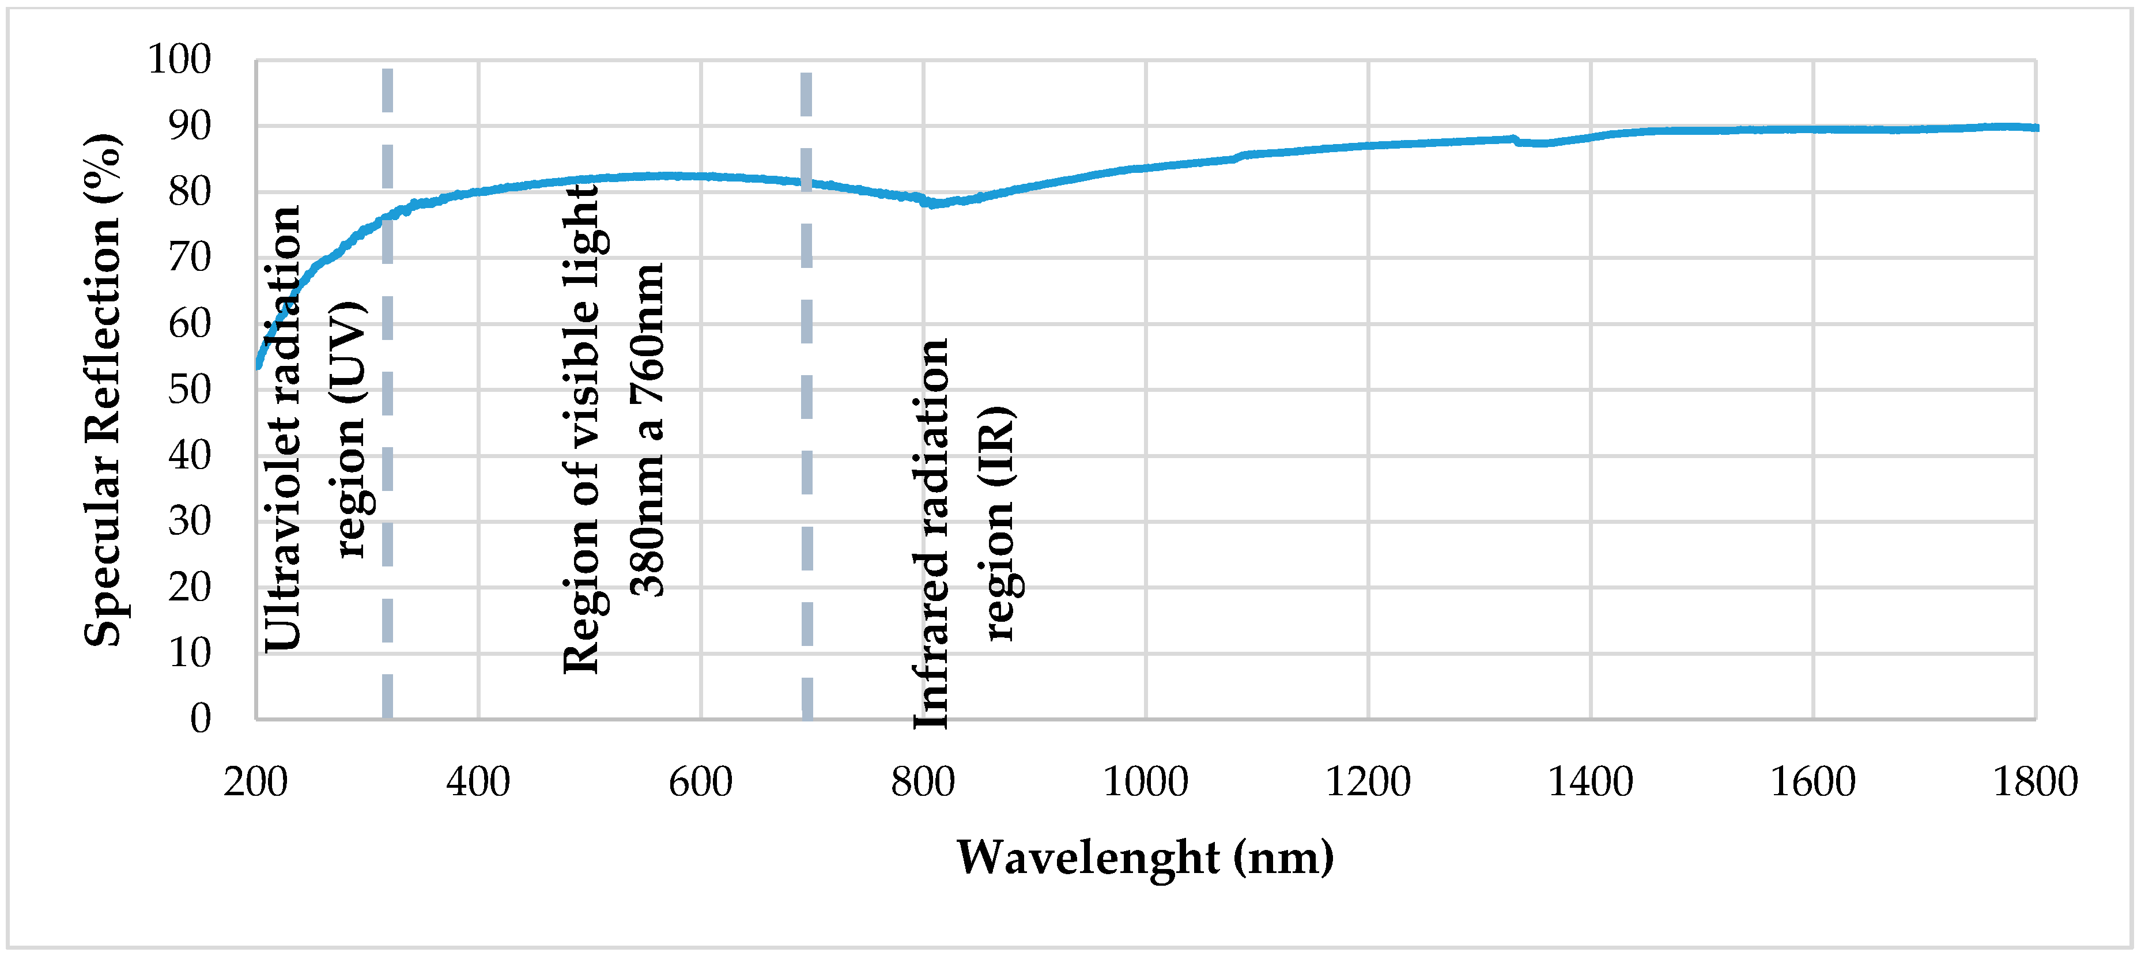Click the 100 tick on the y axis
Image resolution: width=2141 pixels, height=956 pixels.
(180, 60)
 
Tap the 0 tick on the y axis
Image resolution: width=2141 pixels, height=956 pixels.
(201, 718)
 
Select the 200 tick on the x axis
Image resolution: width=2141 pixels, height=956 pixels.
(255, 782)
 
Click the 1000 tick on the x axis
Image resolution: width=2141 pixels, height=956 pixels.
(1145, 782)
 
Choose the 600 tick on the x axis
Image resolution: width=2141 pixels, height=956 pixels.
(701, 782)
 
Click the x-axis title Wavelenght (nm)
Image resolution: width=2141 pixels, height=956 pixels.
(1145, 857)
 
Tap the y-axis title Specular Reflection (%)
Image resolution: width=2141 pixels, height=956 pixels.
(103, 389)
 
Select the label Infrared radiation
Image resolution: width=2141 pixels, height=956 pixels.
(931, 535)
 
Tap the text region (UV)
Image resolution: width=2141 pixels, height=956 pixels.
(349, 430)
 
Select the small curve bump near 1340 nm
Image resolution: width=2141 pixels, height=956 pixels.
(1515, 139)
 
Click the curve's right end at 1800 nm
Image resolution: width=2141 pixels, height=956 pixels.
(2036, 128)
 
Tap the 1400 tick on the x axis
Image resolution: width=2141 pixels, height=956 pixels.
(1590, 782)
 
